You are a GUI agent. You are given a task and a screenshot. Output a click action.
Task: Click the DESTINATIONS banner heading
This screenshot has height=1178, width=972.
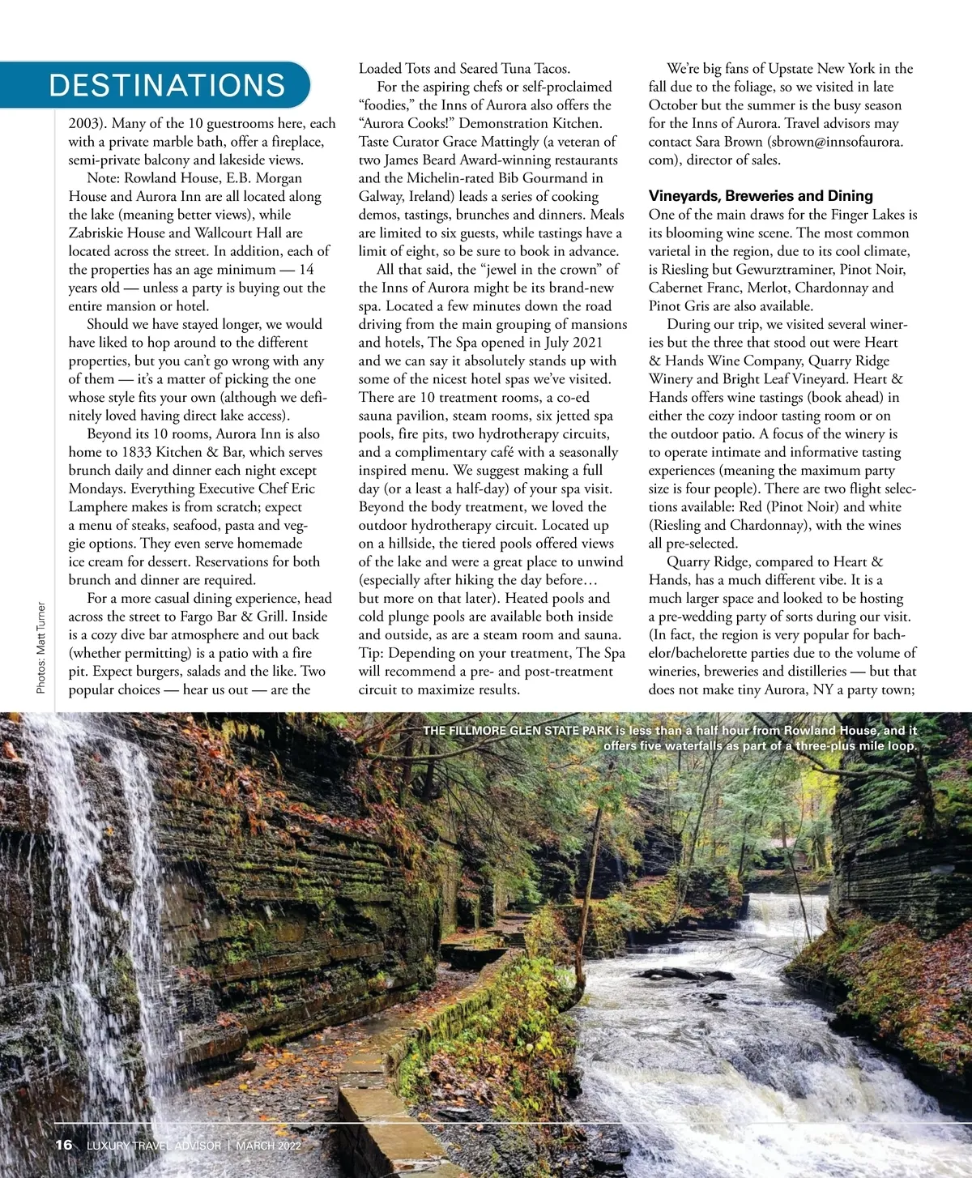167,85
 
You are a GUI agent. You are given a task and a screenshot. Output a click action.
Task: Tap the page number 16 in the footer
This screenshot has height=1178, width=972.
63,1145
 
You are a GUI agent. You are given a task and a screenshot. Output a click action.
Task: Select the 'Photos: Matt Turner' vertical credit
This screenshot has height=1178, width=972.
41,647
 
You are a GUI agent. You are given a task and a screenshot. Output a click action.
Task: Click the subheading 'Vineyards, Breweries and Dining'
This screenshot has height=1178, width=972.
761,196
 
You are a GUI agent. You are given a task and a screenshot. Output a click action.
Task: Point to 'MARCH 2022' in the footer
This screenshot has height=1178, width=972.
271,1146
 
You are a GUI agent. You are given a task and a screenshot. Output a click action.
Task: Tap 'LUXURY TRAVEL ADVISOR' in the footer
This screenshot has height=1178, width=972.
153,1146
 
